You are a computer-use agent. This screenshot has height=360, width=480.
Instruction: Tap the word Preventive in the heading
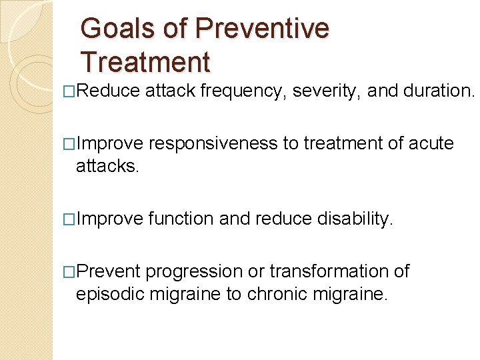[262, 29]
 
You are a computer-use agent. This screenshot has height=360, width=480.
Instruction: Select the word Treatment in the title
[145, 62]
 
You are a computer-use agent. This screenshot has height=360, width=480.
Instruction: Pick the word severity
[327, 91]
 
